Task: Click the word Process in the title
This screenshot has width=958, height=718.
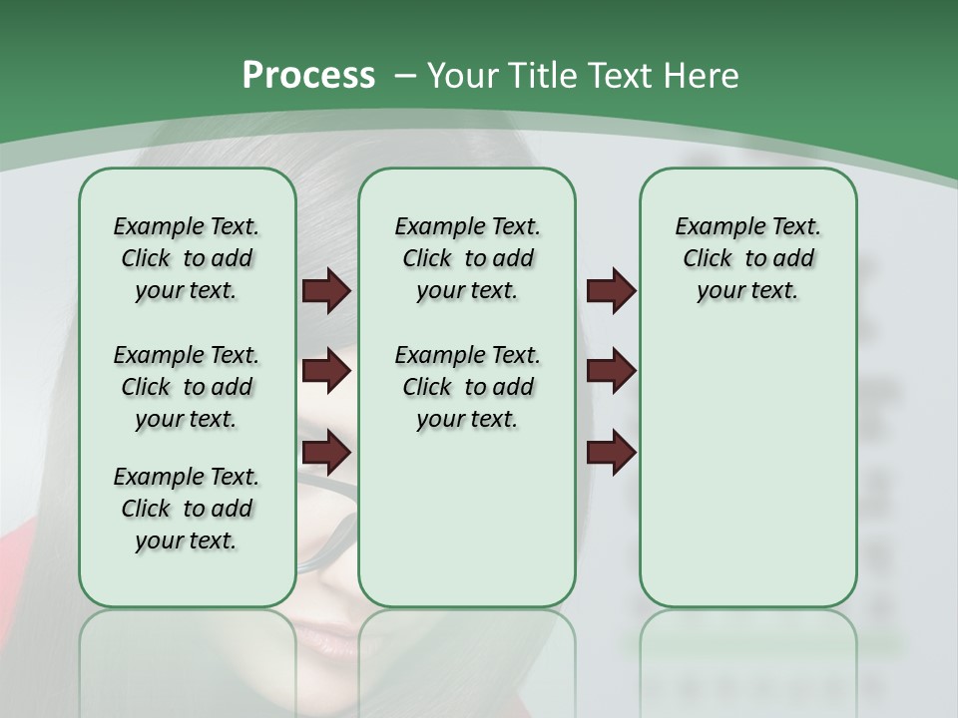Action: click(308, 76)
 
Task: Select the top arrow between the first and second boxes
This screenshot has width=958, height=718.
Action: click(326, 291)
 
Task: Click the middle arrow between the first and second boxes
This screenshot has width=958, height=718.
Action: click(326, 371)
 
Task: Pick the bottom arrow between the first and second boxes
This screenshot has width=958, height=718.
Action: click(326, 452)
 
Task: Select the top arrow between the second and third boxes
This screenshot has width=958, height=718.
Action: click(611, 291)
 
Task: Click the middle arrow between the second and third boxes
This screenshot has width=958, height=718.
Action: click(611, 371)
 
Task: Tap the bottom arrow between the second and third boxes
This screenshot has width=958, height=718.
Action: click(611, 452)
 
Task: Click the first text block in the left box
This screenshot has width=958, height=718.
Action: click(187, 258)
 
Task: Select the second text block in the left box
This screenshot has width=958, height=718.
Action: click(187, 387)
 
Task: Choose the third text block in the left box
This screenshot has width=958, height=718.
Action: click(187, 509)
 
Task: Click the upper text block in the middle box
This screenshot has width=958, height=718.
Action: click(467, 258)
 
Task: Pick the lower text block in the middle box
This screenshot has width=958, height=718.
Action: click(467, 387)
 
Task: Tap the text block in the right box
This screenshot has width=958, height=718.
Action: click(747, 258)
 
